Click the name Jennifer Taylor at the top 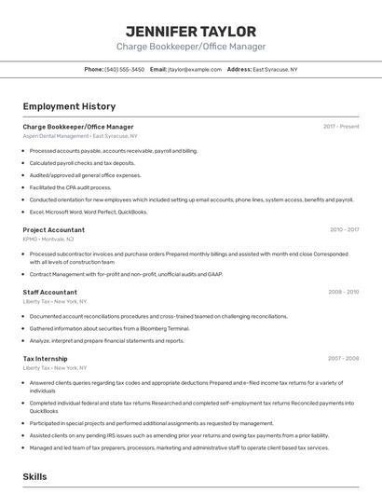coord(191,30)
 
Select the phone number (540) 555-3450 coord(124,69)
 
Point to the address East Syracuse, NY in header coord(275,69)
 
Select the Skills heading coord(35,476)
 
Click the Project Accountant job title coord(54,229)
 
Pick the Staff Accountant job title coord(50,292)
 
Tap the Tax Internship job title coord(46,358)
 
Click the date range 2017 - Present coord(341,127)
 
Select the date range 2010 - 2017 coord(344,229)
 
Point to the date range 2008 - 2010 coord(343,292)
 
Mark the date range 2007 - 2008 coord(343,358)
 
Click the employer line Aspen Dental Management coord(79,136)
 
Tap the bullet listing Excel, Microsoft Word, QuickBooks coord(89,212)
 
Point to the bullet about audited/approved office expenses coord(86,175)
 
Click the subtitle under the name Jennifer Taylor coord(191,47)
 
